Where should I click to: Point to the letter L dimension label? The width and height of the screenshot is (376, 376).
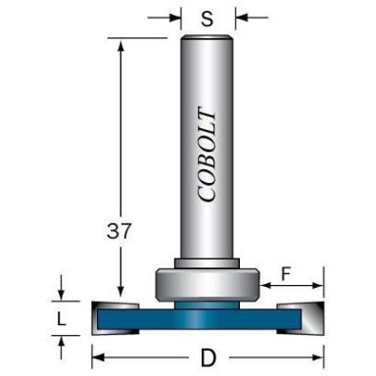click(x=62, y=319)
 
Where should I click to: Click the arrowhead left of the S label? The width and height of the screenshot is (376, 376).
click(x=175, y=17)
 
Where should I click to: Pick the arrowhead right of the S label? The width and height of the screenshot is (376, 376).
click(x=241, y=17)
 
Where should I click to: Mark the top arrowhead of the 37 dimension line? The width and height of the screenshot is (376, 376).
click(x=121, y=44)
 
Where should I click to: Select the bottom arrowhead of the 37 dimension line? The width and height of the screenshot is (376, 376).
click(x=121, y=295)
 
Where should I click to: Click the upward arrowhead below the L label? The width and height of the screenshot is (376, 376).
click(x=62, y=340)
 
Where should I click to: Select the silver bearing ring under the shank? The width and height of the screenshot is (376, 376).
click(x=207, y=285)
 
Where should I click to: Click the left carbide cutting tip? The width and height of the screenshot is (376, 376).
click(x=107, y=315)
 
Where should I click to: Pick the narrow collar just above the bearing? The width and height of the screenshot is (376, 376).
click(x=207, y=264)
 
